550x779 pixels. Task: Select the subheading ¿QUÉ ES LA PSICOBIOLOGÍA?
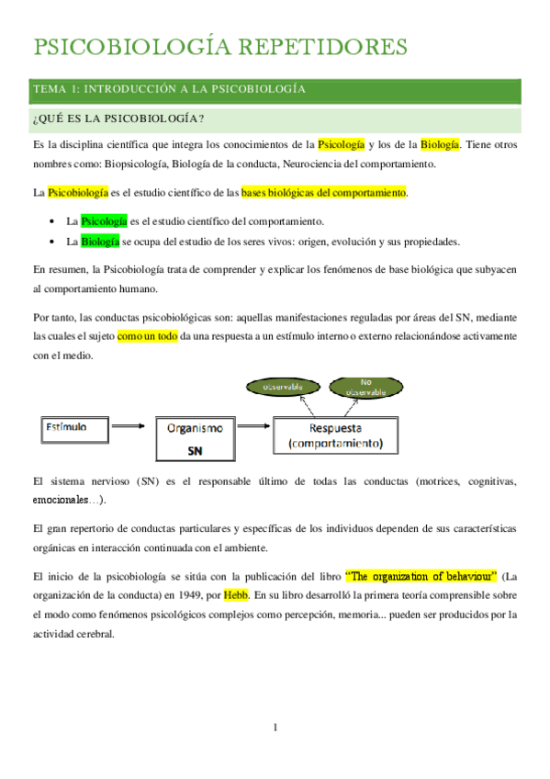click(x=118, y=119)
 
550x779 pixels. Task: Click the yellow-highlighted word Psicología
click(x=341, y=145)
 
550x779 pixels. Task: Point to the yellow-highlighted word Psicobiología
click(x=77, y=193)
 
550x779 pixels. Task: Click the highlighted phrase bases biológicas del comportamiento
click(x=323, y=193)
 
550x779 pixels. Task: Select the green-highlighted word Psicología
click(x=104, y=221)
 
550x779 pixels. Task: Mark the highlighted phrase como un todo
click(x=147, y=337)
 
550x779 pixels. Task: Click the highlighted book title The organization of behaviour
click(x=421, y=577)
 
